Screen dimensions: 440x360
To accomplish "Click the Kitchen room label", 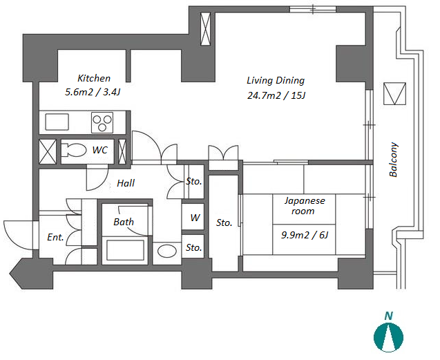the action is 94,78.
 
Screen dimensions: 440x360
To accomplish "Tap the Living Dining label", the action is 276,81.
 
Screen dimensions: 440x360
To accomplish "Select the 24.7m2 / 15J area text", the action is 276,95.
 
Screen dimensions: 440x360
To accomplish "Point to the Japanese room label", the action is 305,206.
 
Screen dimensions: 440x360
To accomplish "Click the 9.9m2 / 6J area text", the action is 305,235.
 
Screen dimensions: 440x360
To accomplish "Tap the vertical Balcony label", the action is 394,160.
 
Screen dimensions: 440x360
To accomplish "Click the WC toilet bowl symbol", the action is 73,150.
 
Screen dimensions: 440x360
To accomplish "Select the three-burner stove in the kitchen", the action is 102,122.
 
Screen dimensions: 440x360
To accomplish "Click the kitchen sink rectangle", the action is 57,122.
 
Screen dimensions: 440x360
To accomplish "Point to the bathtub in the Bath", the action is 125,250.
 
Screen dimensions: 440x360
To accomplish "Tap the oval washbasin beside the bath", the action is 167,251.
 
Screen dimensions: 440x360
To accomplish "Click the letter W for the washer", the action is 195,218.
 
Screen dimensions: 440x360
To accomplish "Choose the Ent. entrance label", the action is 55,237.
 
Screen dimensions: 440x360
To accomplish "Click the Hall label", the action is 126,183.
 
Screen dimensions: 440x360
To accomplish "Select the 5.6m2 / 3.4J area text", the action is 93,92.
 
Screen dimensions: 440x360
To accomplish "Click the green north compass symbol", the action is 388,337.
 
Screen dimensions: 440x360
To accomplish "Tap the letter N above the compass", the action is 388,316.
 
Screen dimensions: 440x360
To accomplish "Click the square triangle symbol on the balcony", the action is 394,93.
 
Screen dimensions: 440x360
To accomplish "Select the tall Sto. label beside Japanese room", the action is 224,223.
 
